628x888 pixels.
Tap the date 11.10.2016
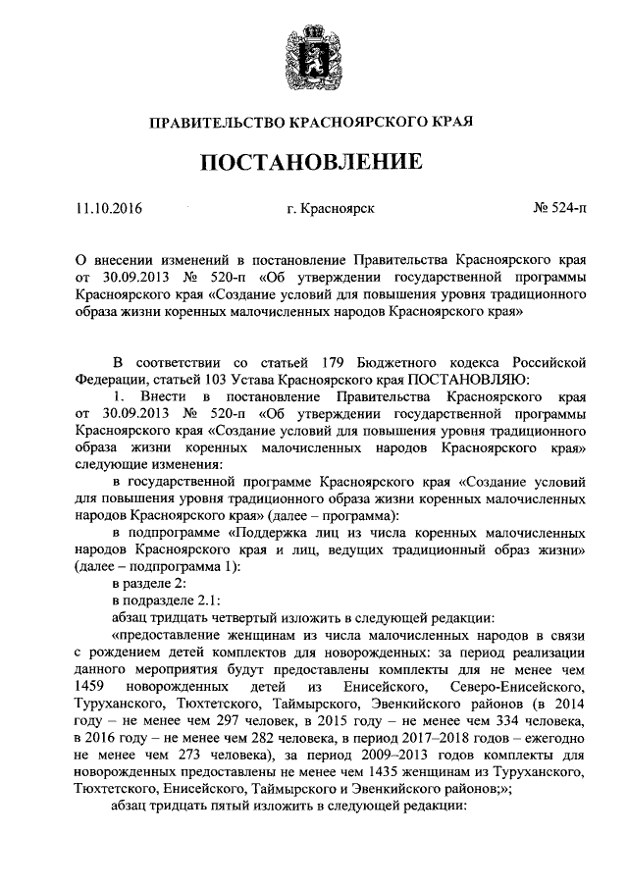109,209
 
